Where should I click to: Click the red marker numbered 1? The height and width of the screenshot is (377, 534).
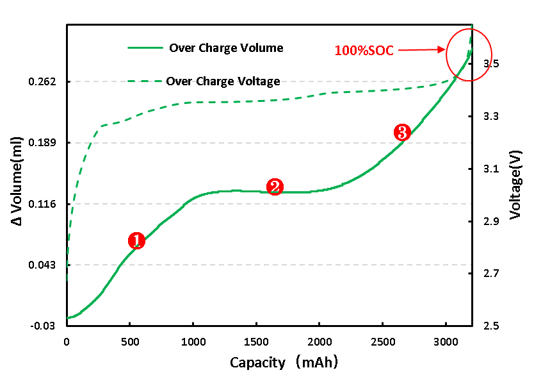[x=136, y=240]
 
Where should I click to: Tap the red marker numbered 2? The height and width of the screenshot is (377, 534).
[x=275, y=187]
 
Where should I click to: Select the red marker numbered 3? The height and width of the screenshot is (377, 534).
[x=401, y=133]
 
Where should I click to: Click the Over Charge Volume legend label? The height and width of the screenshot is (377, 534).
[x=226, y=48]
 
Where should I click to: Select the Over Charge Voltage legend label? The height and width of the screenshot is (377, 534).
[x=223, y=81]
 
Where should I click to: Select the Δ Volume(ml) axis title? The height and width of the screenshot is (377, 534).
[x=17, y=181]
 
